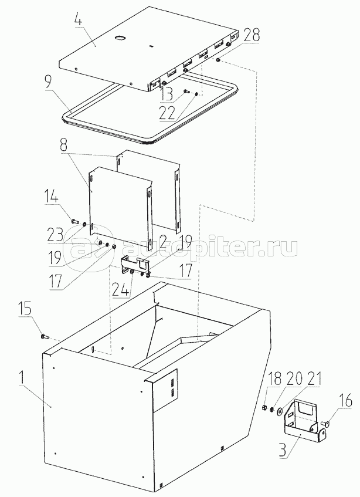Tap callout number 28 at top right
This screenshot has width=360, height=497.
coord(251,36)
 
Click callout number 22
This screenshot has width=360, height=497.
coord(167,113)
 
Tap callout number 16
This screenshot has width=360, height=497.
coord(347,401)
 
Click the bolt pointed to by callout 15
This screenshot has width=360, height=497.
coord(45,336)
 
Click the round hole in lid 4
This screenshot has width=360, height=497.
coord(120,38)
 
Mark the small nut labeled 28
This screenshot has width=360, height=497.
coord(218,59)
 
